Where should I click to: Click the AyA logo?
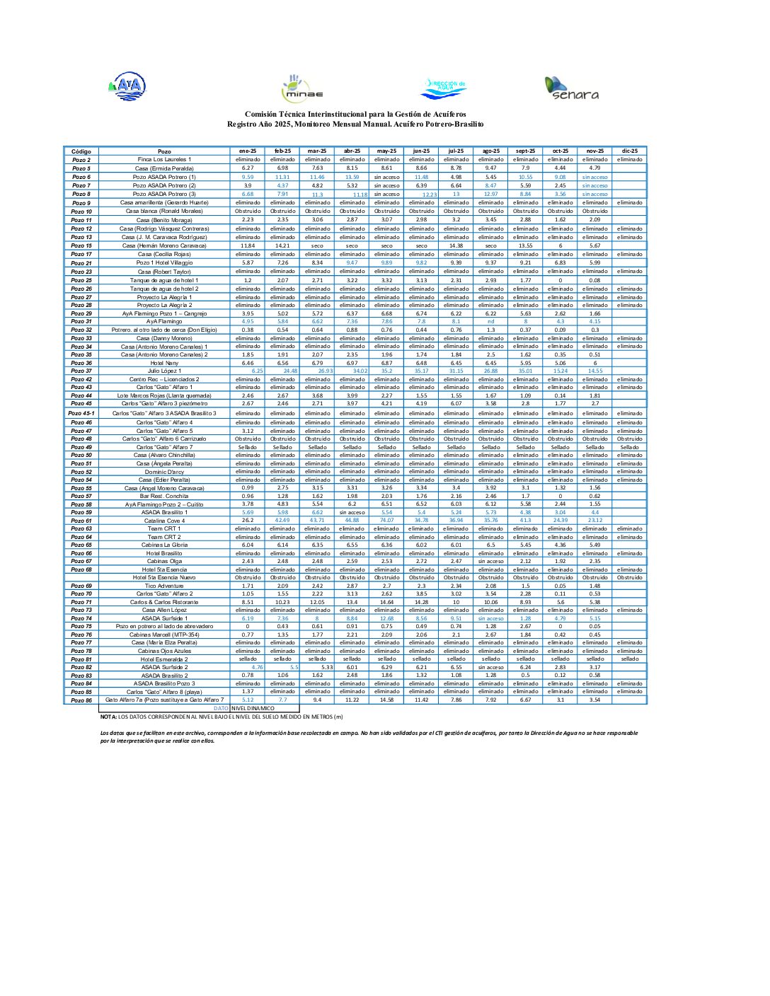pos(127,87)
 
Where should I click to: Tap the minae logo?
pos(301,88)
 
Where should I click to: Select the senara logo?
pos(571,88)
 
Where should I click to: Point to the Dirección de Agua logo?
pos(443,88)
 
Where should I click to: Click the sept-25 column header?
pos(525,151)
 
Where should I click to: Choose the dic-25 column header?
pos(629,151)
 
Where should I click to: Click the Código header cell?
pos(81,151)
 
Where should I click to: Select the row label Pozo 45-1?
pos(81,413)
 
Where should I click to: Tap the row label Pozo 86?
pos(81,700)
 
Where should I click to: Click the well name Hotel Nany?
pos(164,363)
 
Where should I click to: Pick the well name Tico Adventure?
pos(164,586)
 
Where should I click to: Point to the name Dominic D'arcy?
pos(164,472)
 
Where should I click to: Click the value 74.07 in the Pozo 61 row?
pos(386,521)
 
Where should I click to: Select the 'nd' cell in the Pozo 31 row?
pos(490,321)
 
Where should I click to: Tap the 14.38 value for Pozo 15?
pos(456,245)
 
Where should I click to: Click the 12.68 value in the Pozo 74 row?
pos(386,618)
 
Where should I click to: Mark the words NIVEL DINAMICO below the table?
pos(253,708)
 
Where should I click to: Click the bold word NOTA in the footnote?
pos(108,717)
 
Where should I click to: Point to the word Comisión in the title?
pos(260,115)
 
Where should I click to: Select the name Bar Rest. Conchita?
pos(164,496)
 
